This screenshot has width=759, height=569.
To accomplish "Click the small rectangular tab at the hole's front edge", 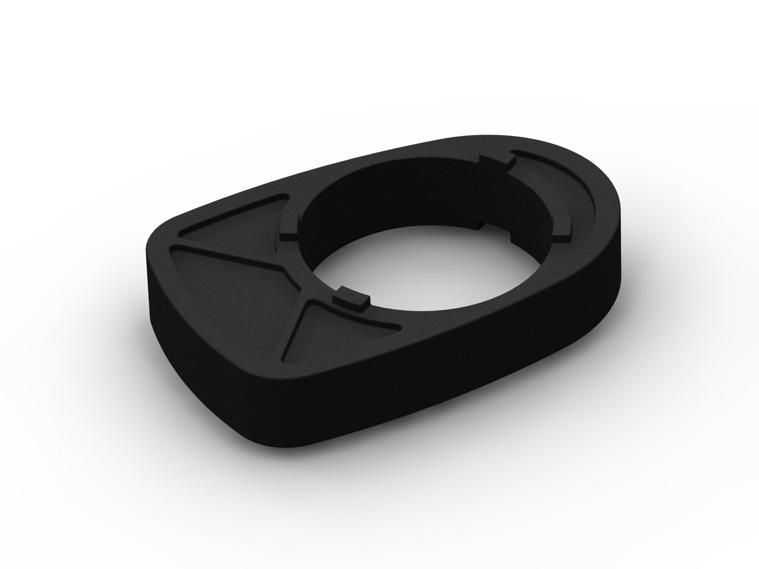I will coord(352,298).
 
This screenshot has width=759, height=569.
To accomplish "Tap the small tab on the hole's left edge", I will coord(288,232).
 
